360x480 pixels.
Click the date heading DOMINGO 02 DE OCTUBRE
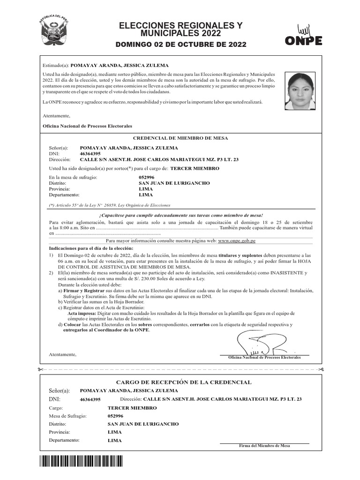click(180, 45)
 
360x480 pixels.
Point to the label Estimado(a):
click(55, 66)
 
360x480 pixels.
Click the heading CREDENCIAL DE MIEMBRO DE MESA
click(180, 139)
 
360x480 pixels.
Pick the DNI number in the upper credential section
click(90, 153)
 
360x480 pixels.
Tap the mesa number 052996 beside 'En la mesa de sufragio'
click(147, 177)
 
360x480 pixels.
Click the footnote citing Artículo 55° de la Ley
click(110, 205)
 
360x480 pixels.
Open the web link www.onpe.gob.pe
click(236, 240)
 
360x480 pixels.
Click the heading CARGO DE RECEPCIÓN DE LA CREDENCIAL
click(180, 382)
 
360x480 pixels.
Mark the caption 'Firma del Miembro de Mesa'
click(264, 446)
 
